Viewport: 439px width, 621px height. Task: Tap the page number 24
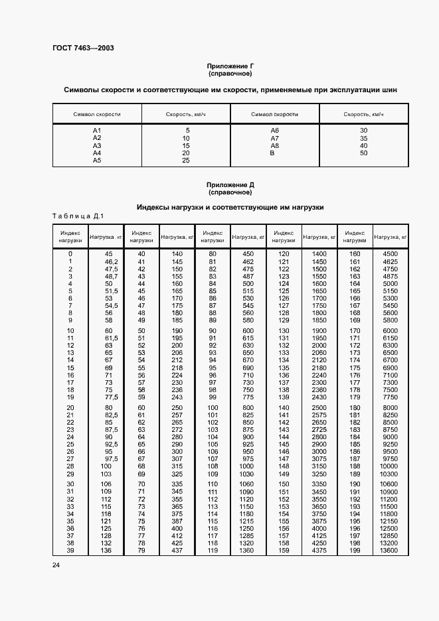click(56, 564)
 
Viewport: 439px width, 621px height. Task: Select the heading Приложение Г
click(230, 67)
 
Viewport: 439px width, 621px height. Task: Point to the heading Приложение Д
click(230, 185)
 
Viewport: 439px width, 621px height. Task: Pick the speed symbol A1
click(97, 130)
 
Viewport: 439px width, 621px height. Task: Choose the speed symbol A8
click(274, 145)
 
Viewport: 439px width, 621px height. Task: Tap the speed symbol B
click(272, 153)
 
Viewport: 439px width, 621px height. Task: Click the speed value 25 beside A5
click(186, 161)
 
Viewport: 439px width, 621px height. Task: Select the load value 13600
click(390, 550)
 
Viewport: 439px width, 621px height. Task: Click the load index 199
click(355, 550)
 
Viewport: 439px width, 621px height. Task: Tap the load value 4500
click(390, 254)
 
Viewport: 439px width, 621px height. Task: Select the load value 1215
click(247, 520)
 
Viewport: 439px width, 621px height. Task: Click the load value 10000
click(390, 467)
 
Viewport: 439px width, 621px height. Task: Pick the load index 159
click(284, 550)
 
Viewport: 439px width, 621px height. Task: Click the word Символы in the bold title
click(82, 90)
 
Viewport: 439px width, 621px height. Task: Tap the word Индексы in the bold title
click(155, 207)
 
